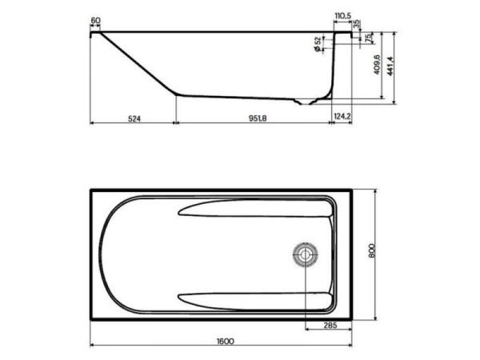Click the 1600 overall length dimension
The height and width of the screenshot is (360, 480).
tap(225, 341)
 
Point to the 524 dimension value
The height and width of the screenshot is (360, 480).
tap(134, 118)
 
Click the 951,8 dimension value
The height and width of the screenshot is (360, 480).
tap(256, 118)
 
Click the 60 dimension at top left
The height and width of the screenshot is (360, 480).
tap(96, 20)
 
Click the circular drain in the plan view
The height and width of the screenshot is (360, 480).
tap(304, 255)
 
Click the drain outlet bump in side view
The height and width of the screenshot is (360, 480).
tap(303, 102)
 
